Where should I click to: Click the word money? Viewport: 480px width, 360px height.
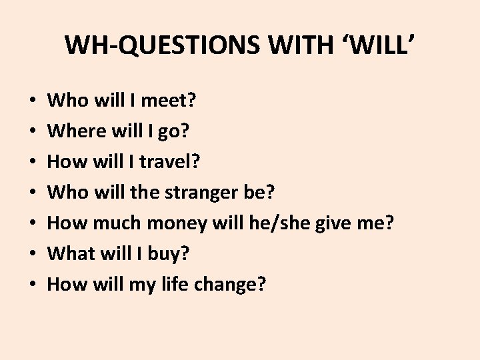click(173, 223)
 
